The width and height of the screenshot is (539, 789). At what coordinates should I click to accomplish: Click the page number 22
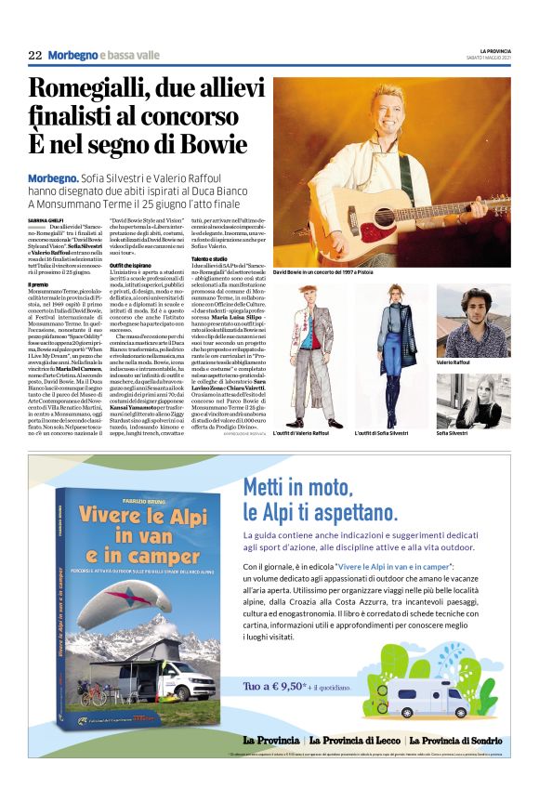click(35, 55)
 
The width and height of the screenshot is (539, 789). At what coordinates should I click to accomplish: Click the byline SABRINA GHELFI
click(46, 219)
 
